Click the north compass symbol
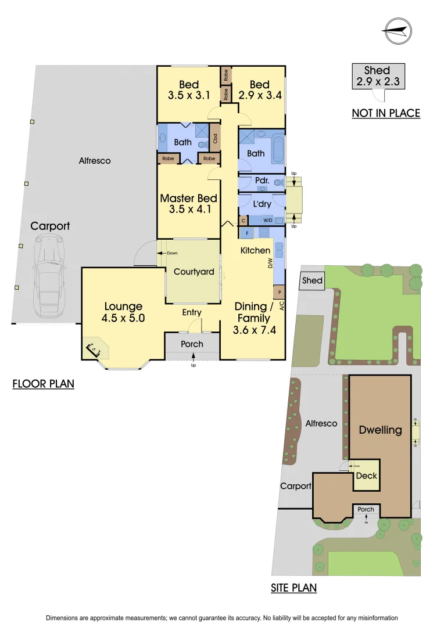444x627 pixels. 397,31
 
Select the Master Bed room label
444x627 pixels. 188,198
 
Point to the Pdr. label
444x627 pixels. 261,181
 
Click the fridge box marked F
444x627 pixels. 247,233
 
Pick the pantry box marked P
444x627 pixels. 280,291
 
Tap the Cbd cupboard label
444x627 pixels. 215,139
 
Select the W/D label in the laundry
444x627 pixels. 268,221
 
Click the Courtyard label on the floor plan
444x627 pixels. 194,271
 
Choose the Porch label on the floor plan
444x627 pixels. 192,344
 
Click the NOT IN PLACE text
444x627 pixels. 385,113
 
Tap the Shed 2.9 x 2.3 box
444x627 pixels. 377,76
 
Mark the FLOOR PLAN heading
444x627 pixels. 44,384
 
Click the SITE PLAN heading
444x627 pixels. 293,588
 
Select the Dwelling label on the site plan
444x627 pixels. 380,430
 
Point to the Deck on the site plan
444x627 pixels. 366,475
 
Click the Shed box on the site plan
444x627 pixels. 312,281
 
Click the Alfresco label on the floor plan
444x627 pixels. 95,161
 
